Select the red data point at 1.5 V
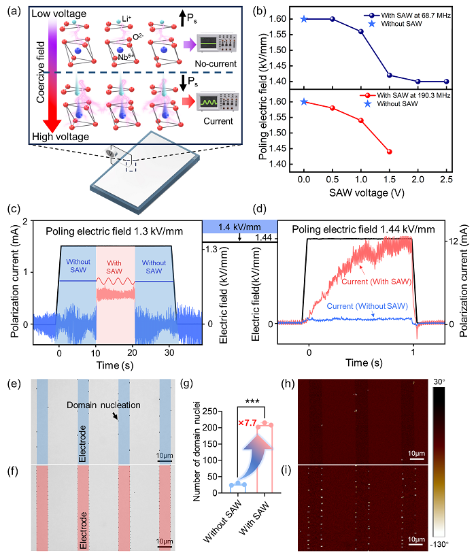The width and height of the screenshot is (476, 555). pos(389,151)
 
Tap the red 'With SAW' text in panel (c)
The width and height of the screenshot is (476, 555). pos(115,266)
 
